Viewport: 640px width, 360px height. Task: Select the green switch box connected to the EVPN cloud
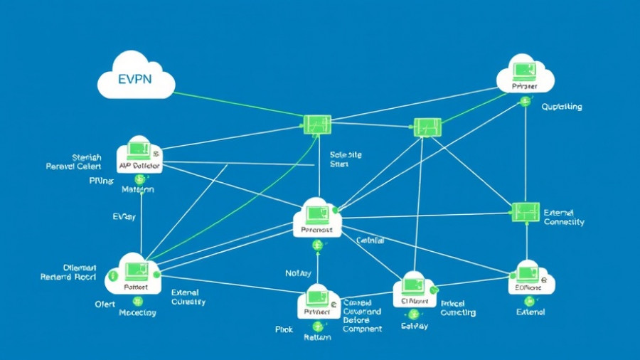click(x=316, y=125)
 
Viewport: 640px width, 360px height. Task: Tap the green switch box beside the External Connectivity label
click(x=526, y=211)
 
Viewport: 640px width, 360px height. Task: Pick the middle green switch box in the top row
click(x=427, y=127)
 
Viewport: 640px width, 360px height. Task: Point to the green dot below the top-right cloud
click(x=526, y=102)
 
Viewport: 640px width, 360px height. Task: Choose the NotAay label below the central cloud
click(x=298, y=272)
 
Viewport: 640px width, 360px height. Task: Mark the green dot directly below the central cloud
click(x=317, y=245)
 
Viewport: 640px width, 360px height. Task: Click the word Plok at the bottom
click(x=284, y=329)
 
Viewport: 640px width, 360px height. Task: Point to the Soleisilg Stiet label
click(x=346, y=158)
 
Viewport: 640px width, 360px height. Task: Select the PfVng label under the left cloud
click(x=100, y=181)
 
